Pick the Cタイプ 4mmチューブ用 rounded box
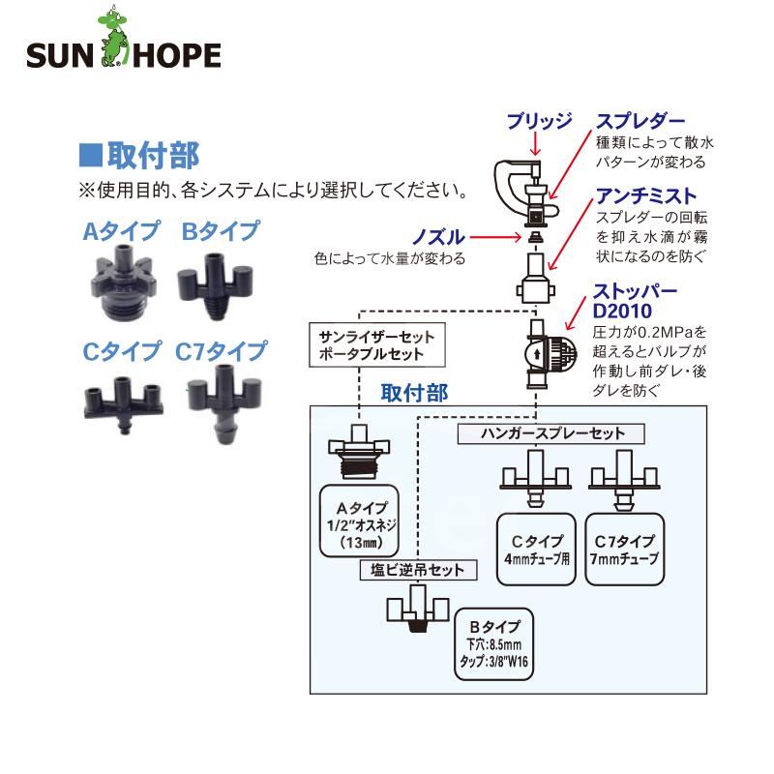coord(535,550)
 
